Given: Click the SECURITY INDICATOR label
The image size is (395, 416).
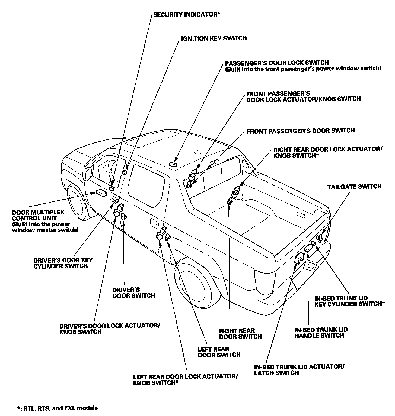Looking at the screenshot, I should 186,15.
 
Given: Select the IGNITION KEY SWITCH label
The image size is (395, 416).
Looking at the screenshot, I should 214,38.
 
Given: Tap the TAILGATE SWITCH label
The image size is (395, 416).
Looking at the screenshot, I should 354,187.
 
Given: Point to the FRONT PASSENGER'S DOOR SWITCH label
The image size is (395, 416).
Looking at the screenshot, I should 301,131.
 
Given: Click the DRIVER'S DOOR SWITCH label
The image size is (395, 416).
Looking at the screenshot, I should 134,292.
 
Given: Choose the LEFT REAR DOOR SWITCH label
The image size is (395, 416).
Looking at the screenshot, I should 219,352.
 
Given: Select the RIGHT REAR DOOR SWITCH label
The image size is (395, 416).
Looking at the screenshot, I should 240,334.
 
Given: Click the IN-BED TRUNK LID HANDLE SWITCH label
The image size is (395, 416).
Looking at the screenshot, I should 321,333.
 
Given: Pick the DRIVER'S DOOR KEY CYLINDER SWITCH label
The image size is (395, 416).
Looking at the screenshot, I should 63,263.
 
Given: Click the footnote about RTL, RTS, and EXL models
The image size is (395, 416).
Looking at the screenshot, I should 57,408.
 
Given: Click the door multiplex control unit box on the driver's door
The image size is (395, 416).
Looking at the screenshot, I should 102,193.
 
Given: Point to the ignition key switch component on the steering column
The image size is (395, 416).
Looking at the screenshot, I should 124,172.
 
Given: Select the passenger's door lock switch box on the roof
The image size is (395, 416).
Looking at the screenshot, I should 173,164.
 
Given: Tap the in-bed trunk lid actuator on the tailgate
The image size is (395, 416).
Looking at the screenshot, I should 299,258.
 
